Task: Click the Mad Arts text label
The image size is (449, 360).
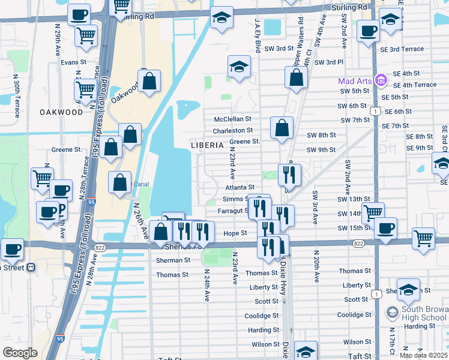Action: (354, 80)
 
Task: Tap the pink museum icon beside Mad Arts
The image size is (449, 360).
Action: (380, 80)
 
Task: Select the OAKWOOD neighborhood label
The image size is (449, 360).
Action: (61, 112)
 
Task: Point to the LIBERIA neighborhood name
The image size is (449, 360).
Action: (207, 145)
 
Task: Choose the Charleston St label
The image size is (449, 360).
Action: (233, 130)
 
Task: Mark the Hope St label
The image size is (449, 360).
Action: (235, 233)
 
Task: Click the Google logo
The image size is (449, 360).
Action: (20, 353)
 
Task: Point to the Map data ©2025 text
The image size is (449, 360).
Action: (424, 355)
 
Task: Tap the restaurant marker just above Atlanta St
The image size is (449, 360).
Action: (289, 175)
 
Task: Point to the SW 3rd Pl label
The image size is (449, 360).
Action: (328, 62)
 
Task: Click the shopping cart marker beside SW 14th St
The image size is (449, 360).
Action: (373, 211)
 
